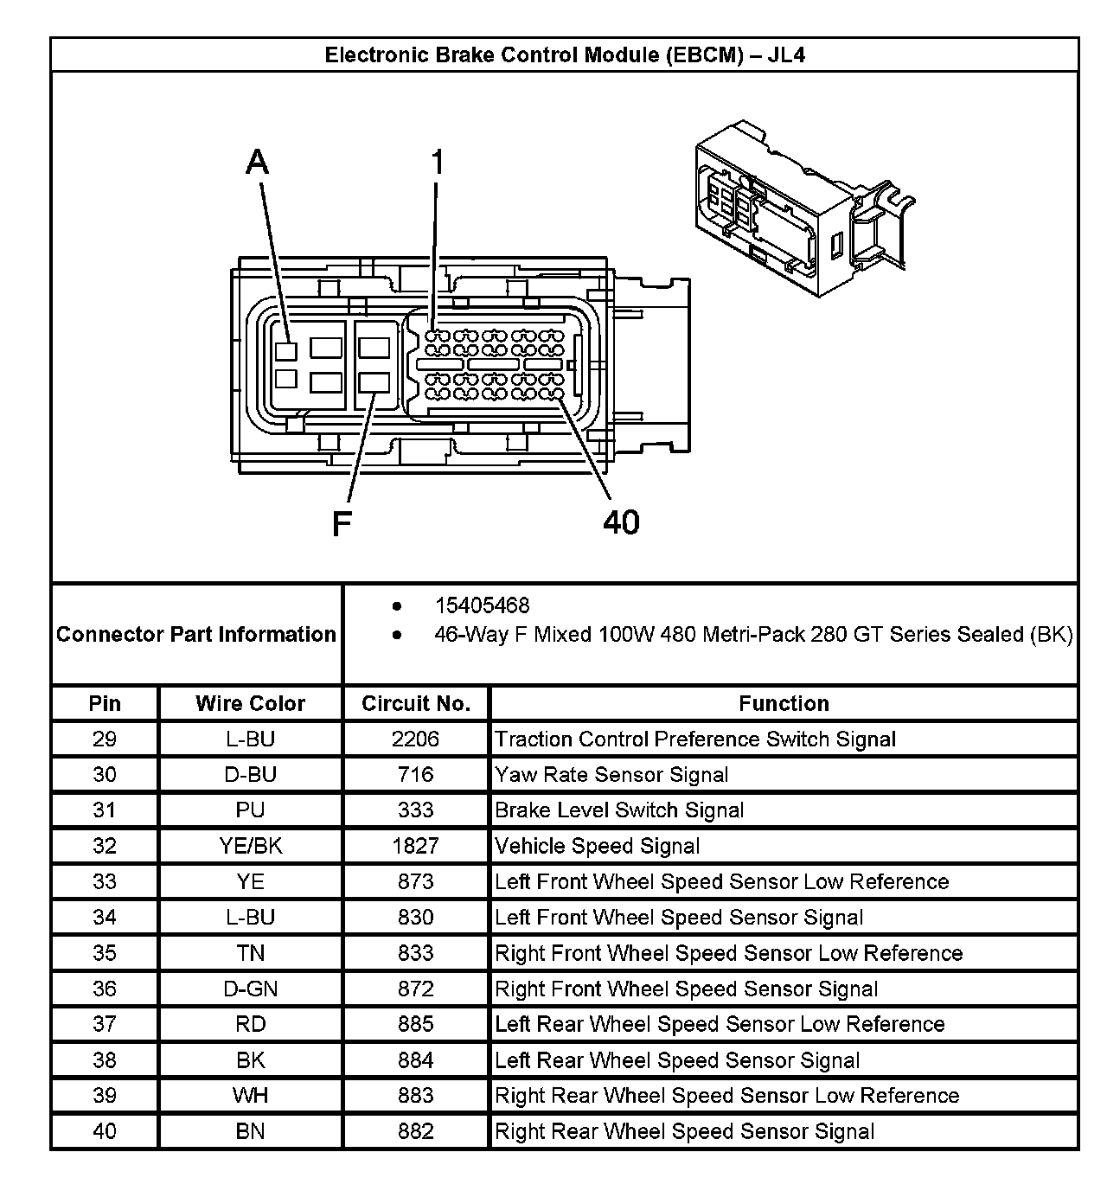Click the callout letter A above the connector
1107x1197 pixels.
coord(258,162)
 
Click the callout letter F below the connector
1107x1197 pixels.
coord(342,523)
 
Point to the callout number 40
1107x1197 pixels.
coord(621,522)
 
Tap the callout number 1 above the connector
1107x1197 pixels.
coord(438,162)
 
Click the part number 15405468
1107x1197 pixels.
coord(482,605)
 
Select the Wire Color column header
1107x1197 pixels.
coord(250,703)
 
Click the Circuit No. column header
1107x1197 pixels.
coord(416,703)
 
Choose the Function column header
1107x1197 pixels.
coord(784,703)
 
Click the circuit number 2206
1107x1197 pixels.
coord(415,739)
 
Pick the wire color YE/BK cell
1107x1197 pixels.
coord(250,846)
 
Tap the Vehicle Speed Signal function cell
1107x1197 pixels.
coord(597,846)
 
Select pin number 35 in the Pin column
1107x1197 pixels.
coord(105,953)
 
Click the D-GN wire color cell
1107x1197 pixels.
coord(250,989)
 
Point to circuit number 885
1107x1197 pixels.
coord(415,1024)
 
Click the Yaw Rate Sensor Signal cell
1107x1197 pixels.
coord(611,775)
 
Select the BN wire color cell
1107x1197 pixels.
coord(250,1131)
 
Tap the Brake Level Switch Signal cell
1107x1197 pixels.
coord(619,810)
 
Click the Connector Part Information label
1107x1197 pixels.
coord(196,634)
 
